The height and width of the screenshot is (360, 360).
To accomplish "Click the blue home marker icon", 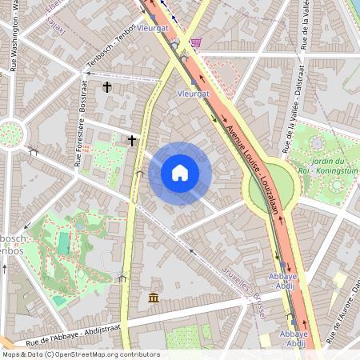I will [x=180, y=173].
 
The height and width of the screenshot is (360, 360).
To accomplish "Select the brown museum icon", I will [x=153, y=298].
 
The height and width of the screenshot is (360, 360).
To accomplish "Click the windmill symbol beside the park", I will [x=122, y=277].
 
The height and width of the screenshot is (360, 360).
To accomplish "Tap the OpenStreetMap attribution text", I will [x=80, y=354].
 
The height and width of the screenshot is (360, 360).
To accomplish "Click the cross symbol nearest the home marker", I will [x=132, y=140].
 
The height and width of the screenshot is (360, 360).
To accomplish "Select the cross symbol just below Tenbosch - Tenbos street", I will [x=106, y=86].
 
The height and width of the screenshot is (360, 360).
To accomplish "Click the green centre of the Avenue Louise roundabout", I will [x=271, y=190].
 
